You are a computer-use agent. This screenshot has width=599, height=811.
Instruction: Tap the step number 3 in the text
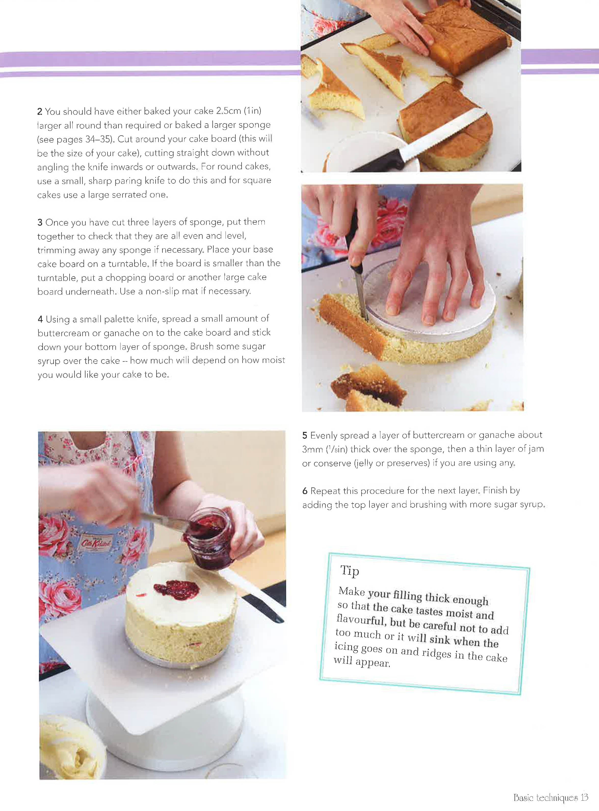point(40,222)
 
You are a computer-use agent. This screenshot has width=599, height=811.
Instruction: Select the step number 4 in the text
point(40,319)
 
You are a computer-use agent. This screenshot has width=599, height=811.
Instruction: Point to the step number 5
point(305,435)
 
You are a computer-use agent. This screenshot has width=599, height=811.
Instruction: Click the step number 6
point(305,491)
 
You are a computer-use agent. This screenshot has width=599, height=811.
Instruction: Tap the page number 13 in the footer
point(584,797)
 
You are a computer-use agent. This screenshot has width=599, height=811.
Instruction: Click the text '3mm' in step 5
point(313,449)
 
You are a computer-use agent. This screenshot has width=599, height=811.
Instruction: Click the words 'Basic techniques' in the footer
point(546,797)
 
